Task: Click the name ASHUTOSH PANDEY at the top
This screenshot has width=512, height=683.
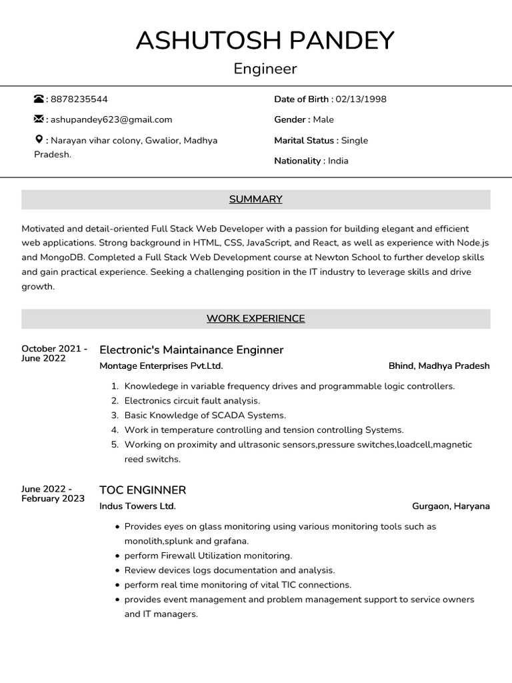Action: point(265,41)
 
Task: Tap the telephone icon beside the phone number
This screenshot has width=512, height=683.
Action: point(39,99)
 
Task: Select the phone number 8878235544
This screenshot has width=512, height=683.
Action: point(79,99)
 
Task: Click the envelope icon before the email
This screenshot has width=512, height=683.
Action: point(39,119)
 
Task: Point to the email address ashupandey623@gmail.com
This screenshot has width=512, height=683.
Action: point(111,119)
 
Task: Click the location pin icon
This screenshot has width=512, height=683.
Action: point(39,139)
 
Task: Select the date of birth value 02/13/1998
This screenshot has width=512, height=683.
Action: point(361,99)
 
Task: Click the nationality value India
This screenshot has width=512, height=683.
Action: point(338,161)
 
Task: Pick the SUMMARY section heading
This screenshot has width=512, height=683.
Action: point(255,199)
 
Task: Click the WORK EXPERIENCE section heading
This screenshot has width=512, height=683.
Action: point(255,319)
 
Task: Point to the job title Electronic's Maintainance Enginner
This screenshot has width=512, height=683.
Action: point(191,350)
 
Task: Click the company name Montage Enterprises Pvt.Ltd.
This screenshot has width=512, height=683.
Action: point(161,366)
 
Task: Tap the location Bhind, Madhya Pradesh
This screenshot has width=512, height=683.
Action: point(439,366)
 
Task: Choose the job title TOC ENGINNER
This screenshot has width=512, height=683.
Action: point(143,490)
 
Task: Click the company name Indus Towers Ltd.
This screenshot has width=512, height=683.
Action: point(137,506)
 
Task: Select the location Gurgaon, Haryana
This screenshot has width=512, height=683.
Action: point(451,506)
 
